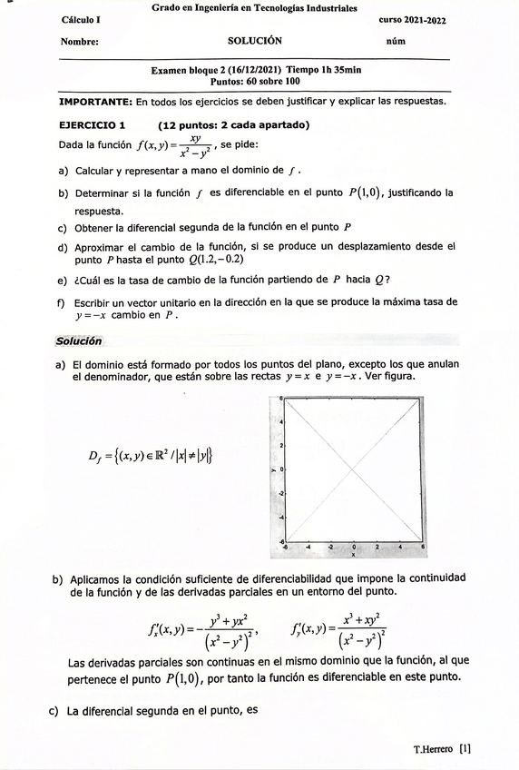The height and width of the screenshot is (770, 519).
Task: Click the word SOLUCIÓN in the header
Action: tap(255, 41)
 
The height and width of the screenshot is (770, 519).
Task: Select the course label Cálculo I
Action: tap(82, 19)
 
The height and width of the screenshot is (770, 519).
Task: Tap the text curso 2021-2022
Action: tap(418, 19)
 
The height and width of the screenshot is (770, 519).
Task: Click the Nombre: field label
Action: tap(80, 42)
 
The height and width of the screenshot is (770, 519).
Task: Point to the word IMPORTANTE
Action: tap(94, 101)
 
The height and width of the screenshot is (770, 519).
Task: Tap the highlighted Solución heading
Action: tap(79, 341)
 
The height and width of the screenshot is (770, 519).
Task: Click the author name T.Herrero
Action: tap(434, 750)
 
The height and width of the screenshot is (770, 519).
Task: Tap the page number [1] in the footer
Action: tap(465, 750)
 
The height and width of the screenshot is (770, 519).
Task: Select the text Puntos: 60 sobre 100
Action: tap(255, 81)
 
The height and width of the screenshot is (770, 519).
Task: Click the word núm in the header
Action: tap(396, 42)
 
